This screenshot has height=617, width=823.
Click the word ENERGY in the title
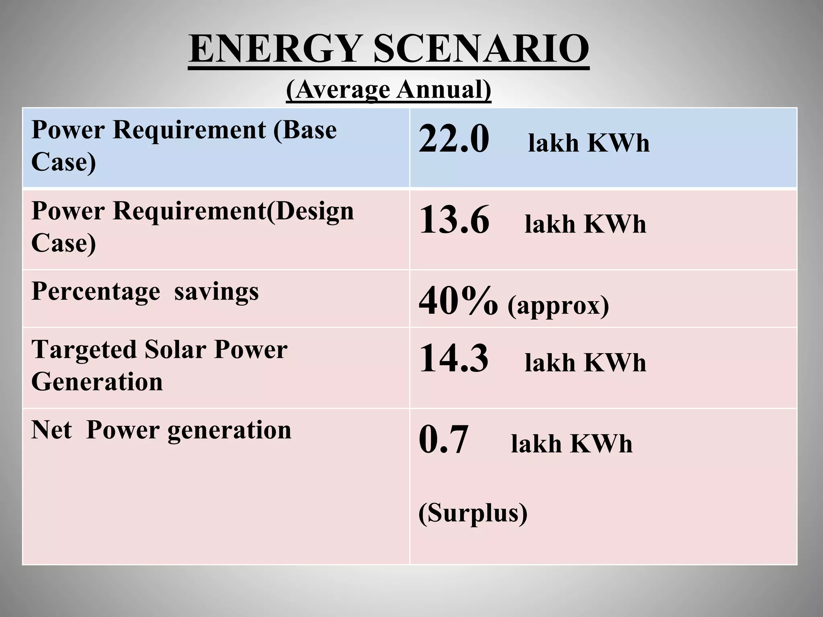(274, 49)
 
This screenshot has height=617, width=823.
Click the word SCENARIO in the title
(481, 49)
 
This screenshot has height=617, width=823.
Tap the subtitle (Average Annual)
(389, 89)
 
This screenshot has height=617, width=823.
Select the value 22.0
(454, 139)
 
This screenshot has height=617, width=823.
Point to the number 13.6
(454, 220)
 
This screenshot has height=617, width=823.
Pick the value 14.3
(454, 358)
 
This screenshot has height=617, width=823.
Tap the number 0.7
(444, 439)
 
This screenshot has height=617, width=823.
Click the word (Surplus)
(473, 513)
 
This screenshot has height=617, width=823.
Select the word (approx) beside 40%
(558, 306)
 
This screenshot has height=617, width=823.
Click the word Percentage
(96, 291)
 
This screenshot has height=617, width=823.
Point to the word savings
(217, 291)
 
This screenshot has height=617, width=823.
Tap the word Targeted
(84, 349)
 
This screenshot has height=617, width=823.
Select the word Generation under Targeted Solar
(97, 382)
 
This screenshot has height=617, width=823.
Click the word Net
(51, 430)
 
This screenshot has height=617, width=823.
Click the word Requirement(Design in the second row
(233, 211)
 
